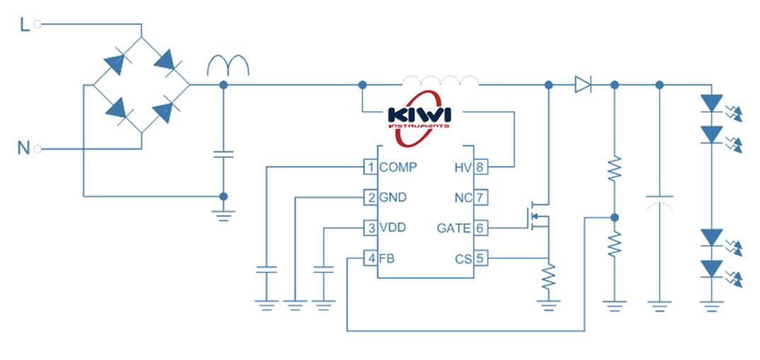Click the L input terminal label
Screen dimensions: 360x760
point(25,25)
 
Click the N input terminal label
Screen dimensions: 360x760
point(24,149)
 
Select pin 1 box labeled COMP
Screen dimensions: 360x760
point(369,168)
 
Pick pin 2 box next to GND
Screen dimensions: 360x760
point(369,197)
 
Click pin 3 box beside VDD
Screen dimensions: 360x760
point(369,228)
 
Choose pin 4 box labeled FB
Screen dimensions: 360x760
point(369,259)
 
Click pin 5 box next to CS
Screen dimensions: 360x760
point(480,259)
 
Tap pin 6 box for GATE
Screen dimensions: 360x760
point(480,228)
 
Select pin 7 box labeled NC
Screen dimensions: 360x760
point(480,197)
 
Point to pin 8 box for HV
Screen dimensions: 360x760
point(480,168)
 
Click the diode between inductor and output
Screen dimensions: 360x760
point(582,85)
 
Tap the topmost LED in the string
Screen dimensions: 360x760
point(711,103)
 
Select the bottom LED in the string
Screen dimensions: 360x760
point(711,269)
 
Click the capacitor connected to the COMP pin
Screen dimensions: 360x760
point(267,270)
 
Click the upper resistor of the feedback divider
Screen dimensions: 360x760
point(614,168)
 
